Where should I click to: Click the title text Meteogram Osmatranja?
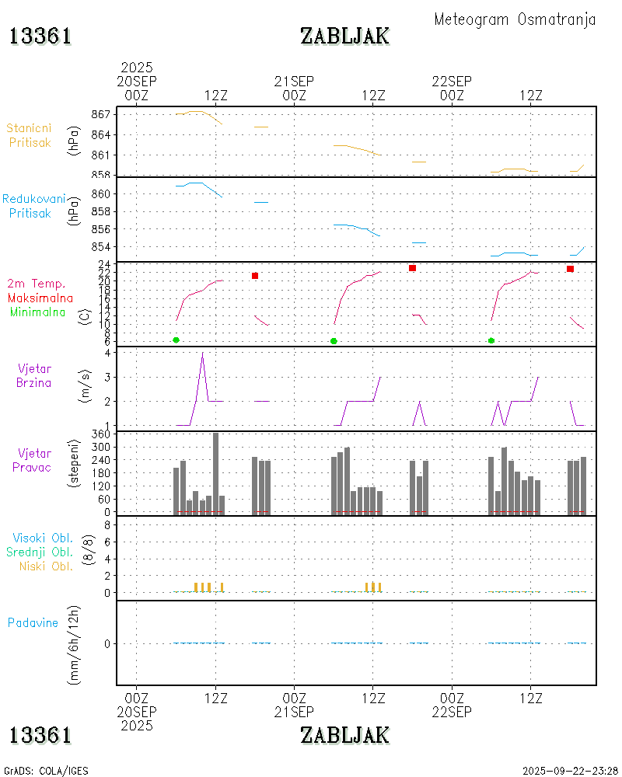[515, 19]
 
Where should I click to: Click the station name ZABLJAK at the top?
[344, 36]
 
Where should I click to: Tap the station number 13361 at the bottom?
[40, 734]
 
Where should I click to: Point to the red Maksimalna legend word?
[40, 298]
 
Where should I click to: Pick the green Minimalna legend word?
[38, 312]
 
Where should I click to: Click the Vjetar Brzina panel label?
[35, 375]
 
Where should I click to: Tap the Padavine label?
[33, 622]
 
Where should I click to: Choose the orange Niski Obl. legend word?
[47, 566]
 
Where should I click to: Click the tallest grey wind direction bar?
[215, 473]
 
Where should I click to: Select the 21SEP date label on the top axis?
[294, 82]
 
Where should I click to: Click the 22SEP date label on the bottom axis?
[452, 712]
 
